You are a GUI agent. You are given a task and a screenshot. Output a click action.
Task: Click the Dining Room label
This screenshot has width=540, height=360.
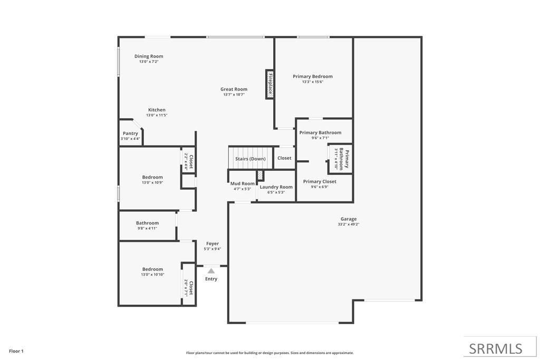tap(149, 56)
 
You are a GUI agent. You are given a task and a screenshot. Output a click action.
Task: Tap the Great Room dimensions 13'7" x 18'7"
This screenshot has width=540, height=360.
tap(234, 94)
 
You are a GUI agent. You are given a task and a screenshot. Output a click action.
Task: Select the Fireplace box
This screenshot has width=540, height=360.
tap(270, 84)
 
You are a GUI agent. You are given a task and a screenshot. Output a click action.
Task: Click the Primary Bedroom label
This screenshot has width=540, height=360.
tap(313, 76)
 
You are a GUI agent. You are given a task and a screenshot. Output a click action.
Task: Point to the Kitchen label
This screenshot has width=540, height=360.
tap(157, 110)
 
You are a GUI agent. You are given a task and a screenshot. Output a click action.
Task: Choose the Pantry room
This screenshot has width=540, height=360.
tap(130, 134)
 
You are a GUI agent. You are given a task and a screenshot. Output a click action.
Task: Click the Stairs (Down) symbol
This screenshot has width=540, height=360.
tap(250, 159)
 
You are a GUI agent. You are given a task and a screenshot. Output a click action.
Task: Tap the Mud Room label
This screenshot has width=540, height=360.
tap(243, 183)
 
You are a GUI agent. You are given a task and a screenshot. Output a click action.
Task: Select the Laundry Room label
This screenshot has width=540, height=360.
tap(276, 187)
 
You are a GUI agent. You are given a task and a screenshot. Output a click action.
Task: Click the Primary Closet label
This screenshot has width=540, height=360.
tap(320, 182)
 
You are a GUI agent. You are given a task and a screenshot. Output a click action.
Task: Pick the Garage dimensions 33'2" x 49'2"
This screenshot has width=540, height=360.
tap(349, 224)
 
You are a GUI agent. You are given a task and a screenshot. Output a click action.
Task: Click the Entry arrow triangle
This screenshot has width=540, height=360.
tap(211, 271)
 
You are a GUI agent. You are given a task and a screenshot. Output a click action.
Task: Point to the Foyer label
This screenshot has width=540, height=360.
tap(213, 244)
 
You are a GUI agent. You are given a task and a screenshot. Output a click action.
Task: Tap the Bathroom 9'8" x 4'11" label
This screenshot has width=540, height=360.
tap(147, 223)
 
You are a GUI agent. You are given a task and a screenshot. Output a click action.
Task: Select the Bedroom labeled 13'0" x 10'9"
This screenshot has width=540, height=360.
tap(152, 177)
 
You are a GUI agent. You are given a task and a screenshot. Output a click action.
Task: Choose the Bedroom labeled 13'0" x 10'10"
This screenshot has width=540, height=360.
tap(152, 269)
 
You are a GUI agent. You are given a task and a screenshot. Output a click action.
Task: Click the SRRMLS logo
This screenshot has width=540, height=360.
tap(496, 348)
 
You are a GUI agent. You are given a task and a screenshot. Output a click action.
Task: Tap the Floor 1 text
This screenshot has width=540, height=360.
tap(16, 351)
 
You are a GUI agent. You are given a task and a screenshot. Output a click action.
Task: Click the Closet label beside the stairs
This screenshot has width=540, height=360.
tap(284, 158)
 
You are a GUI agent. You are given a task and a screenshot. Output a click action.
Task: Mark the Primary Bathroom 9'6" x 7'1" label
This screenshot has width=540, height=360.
tap(320, 133)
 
